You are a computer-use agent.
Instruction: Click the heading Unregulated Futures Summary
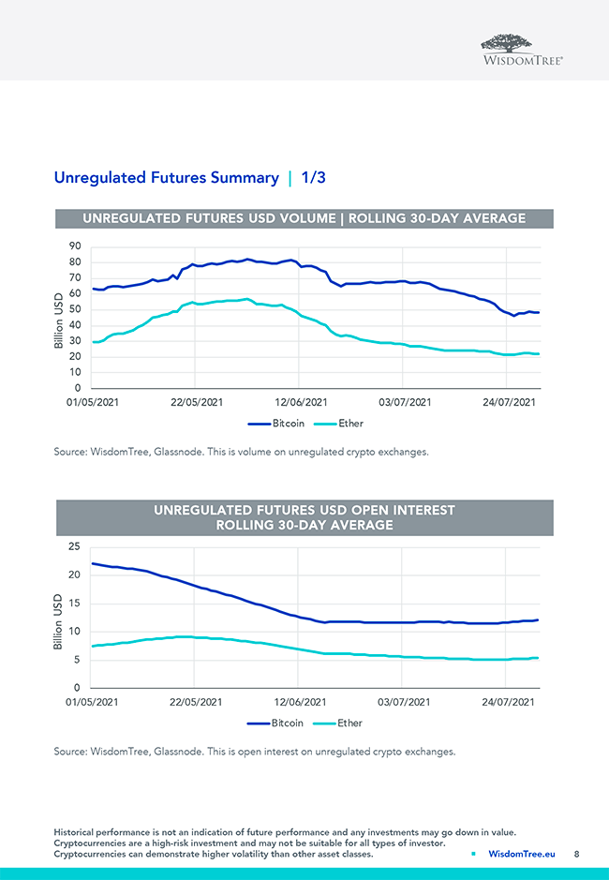pos(166,177)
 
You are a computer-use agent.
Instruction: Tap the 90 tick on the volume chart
pos(74,246)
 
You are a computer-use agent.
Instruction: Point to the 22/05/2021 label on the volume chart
pos(196,402)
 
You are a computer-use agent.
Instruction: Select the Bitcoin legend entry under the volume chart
pos(276,424)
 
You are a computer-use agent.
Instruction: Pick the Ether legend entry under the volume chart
pos(339,424)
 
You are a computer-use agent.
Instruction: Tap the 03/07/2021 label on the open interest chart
pos(405,702)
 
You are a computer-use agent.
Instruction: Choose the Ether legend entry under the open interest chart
pos(339,723)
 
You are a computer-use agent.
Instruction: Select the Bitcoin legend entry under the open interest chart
pos(276,723)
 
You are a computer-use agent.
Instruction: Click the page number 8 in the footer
pos(576,854)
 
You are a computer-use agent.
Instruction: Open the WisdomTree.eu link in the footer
pos(523,854)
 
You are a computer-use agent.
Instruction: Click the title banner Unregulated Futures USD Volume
pos(304,218)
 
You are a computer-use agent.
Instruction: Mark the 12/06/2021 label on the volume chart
pos(300,402)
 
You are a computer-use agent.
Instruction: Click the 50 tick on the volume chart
pos(74,309)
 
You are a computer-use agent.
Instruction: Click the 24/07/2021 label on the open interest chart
pos(509,702)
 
